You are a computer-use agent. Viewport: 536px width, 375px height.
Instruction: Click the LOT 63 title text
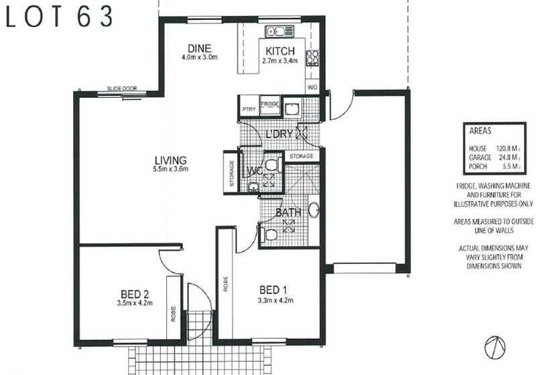coord(60,17)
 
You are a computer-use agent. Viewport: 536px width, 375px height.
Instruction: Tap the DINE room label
coord(199,48)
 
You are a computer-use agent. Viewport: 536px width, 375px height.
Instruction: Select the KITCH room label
coord(279,52)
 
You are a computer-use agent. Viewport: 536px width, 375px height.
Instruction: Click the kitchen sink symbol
coord(276,31)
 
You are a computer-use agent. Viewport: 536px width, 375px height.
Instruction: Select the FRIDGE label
coord(269,104)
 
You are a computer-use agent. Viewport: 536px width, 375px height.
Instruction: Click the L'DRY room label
coord(280,133)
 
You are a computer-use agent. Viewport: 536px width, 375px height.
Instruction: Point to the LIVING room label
coord(170,160)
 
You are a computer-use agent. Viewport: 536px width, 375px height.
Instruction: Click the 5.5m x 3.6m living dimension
coord(170,169)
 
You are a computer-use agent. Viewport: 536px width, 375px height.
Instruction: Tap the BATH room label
coord(287,213)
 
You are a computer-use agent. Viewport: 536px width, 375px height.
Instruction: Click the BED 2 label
coord(135,294)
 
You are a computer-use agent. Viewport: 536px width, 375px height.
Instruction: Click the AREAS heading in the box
coord(480,132)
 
